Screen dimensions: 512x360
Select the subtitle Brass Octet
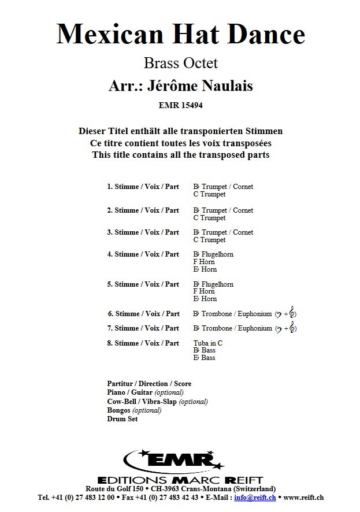coord(180,62)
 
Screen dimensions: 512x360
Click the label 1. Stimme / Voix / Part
coord(143,187)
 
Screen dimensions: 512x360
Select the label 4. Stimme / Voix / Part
coord(143,254)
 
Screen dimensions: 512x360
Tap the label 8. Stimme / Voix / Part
coord(143,343)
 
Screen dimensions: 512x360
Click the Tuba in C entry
coord(208,343)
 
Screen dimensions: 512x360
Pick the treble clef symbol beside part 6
coord(292,314)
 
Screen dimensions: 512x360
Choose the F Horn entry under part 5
coord(203,292)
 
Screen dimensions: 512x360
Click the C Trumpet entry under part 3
coord(209,240)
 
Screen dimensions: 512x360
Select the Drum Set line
coord(123,419)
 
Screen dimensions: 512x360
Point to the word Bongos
coord(120,410)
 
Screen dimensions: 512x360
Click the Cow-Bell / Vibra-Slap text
coord(142,402)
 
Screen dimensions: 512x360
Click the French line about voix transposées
coord(180,143)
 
